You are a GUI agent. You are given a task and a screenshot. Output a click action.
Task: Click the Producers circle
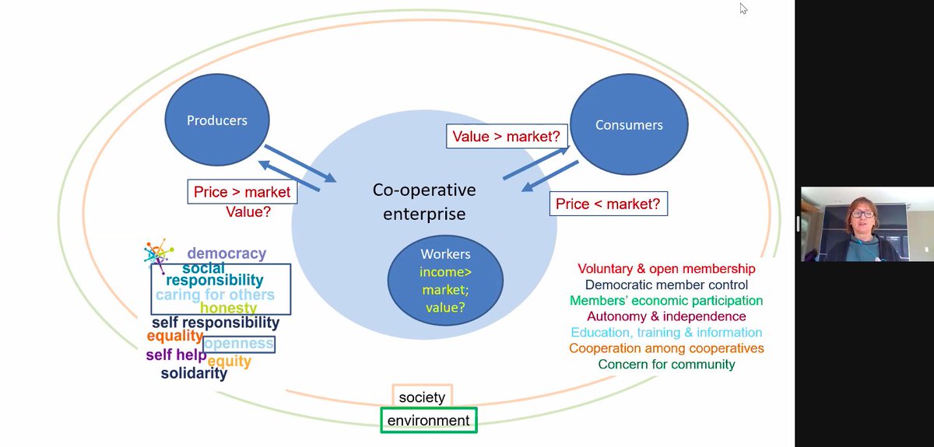217,120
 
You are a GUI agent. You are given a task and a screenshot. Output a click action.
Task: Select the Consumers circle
629,124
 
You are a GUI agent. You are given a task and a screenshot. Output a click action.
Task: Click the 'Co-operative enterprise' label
423,201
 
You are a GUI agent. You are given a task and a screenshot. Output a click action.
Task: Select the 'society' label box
422,397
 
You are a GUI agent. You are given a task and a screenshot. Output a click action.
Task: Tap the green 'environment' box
429,421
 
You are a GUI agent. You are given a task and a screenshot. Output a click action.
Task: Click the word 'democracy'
226,253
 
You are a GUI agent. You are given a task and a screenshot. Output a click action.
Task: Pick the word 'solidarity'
194,373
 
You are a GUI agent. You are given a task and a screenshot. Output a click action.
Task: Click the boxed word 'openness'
239,344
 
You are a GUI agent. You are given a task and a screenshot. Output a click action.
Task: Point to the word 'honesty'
228,308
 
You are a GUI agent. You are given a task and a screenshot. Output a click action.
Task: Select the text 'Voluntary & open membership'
666,269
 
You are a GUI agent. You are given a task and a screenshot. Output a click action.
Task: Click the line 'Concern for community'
666,364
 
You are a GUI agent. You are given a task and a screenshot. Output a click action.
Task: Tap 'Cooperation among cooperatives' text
666,348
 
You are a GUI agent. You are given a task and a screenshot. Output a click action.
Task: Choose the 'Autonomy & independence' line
666,316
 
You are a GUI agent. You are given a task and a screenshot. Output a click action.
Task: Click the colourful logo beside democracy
158,253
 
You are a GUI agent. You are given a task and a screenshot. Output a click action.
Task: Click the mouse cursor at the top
743,9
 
